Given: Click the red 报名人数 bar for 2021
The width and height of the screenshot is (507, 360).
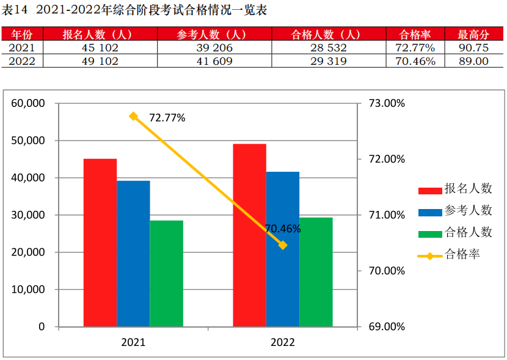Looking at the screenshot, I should point(100,243).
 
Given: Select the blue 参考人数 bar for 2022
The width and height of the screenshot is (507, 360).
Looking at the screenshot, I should point(283,249).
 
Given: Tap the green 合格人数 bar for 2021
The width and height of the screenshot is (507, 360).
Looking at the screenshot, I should point(166,273).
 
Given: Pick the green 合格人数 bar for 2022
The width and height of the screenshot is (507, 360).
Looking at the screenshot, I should point(316,271).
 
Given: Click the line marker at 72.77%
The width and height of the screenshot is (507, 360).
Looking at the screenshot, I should point(134,116).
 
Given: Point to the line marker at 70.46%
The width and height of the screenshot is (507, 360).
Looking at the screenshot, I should point(282,245).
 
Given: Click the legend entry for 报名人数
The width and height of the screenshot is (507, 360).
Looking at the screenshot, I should point(455,189).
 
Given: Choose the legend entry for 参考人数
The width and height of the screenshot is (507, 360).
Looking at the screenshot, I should point(455,211).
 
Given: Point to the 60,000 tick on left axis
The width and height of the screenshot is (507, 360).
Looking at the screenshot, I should point(28,103).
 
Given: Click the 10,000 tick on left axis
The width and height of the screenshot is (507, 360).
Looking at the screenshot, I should point(28,290).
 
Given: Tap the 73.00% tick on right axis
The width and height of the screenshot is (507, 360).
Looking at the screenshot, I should point(387,103).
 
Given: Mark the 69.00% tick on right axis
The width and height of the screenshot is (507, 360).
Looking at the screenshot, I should point(387,327).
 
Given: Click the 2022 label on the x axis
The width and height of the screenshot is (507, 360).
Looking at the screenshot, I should point(282,342).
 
